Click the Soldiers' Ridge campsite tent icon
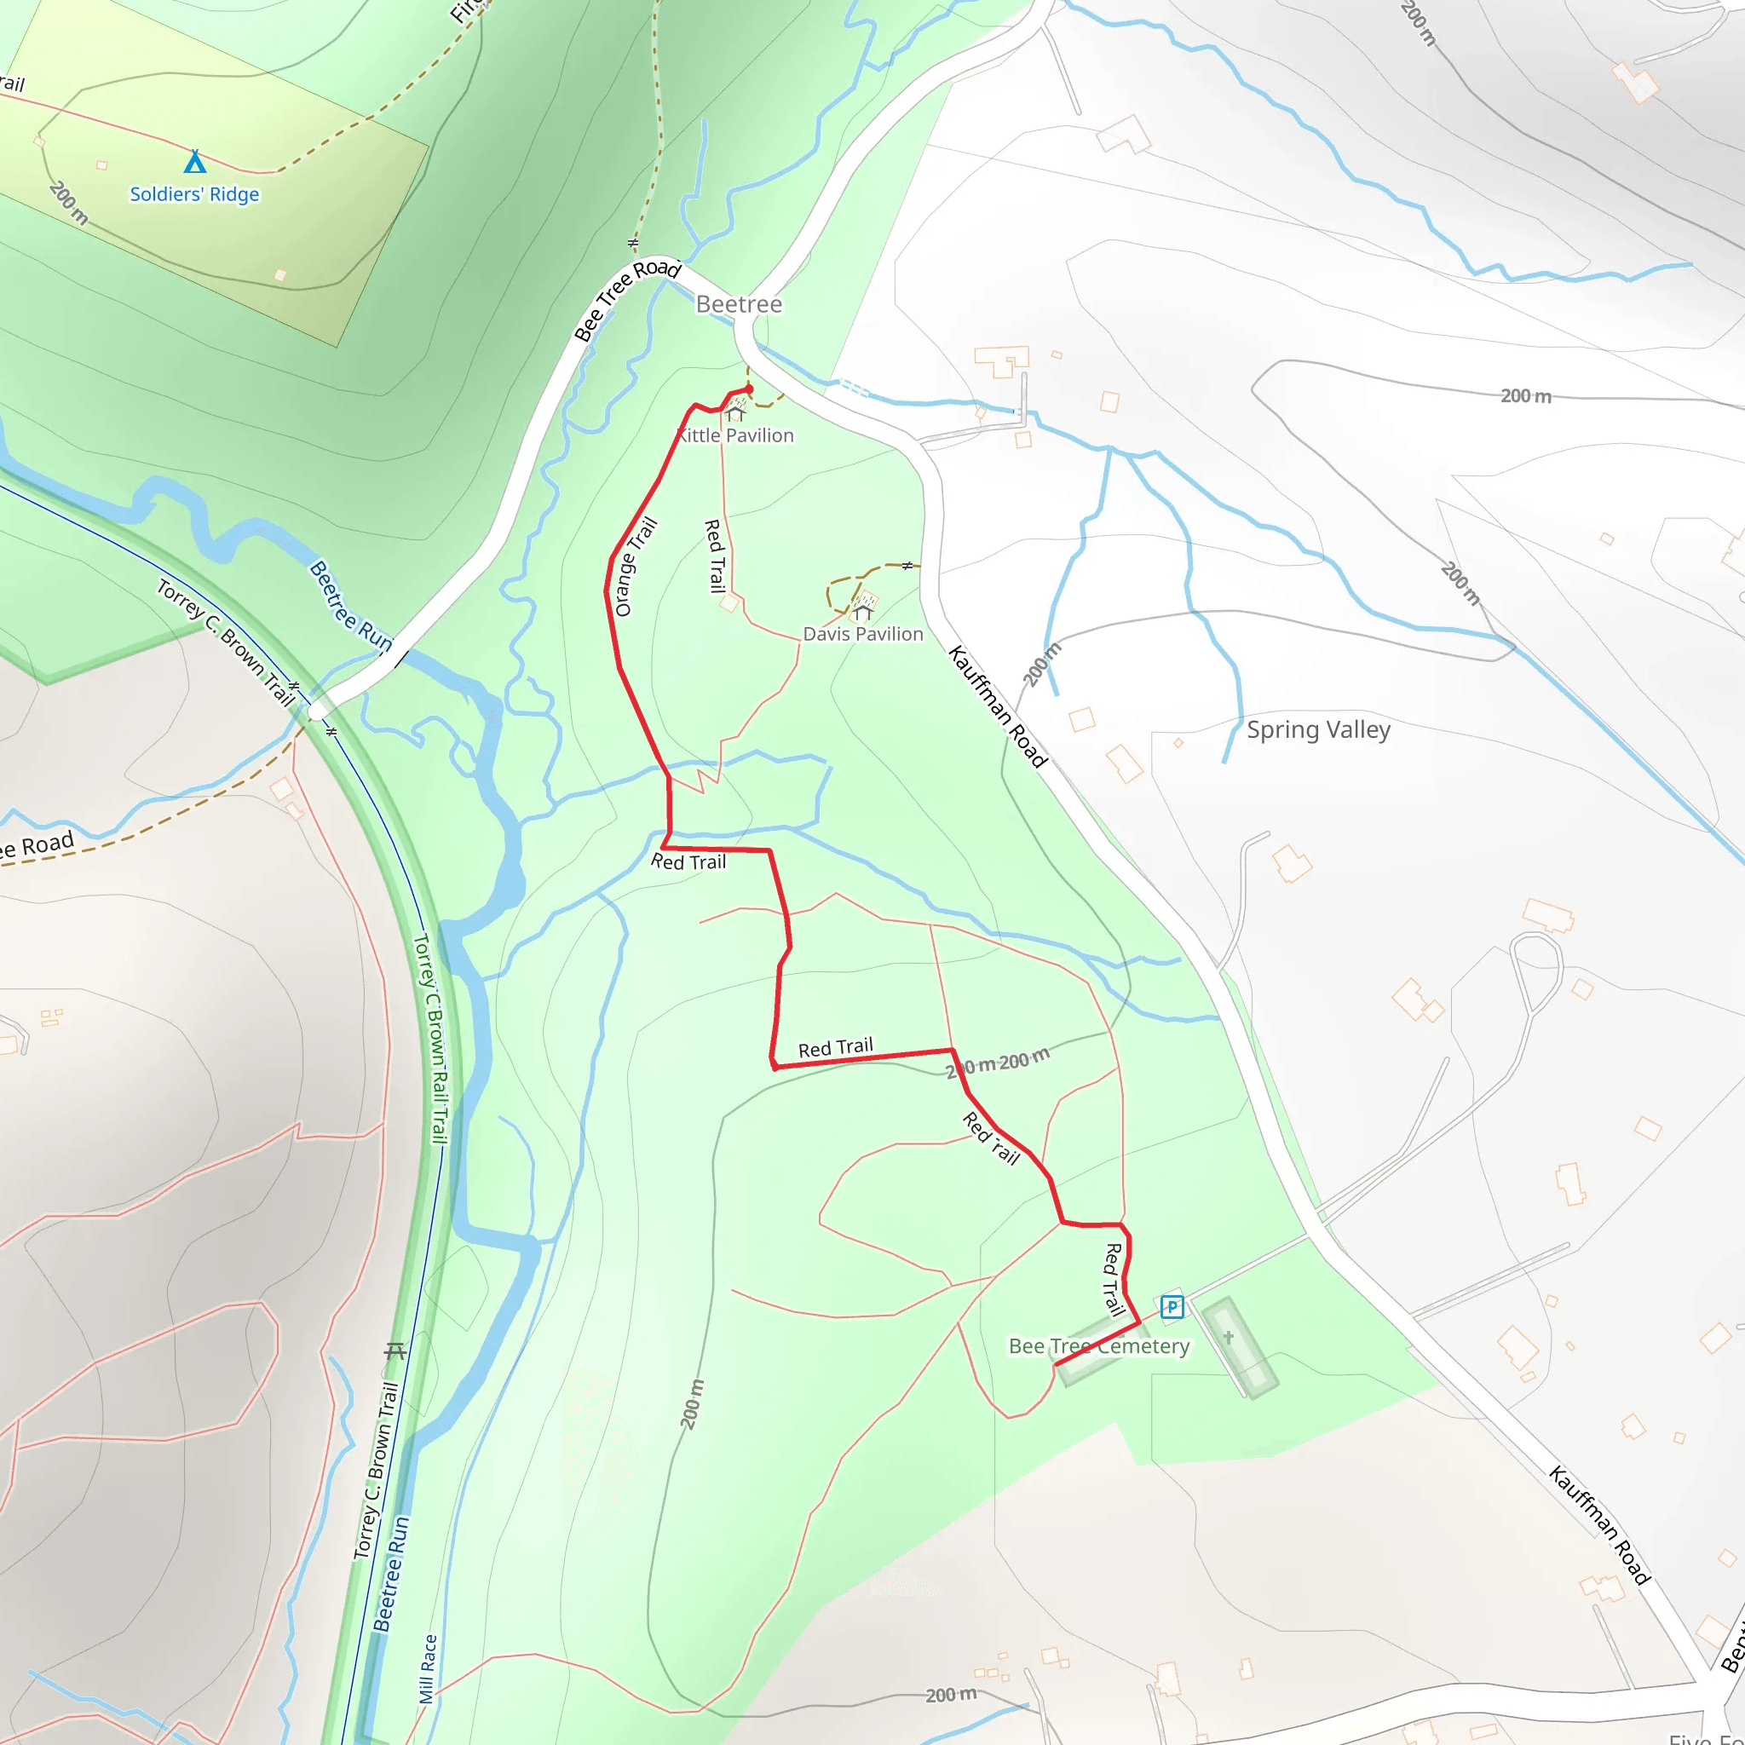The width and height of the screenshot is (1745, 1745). (194, 162)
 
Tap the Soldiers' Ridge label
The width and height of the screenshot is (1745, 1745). (194, 194)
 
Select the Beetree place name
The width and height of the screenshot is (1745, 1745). (739, 304)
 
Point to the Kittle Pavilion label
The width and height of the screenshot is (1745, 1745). (736, 435)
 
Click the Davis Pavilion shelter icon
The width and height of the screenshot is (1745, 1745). (863, 612)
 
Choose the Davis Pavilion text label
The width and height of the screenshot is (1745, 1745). (862, 634)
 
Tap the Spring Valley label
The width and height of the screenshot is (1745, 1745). (1318, 730)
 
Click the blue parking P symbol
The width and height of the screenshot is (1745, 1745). (1172, 1306)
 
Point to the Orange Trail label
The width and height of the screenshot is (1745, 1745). (635, 567)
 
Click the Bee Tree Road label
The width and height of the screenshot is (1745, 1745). (627, 300)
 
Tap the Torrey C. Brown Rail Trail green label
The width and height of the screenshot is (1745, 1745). (432, 1039)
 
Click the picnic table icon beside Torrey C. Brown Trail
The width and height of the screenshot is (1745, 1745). (394, 1351)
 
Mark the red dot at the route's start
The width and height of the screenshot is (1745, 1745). (749, 389)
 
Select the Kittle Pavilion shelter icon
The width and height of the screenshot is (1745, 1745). (735, 413)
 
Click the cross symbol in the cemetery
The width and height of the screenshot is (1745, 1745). (1229, 1337)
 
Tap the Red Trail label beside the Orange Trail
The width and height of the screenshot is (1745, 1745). (716, 556)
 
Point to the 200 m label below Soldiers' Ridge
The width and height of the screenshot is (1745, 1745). (69, 202)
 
